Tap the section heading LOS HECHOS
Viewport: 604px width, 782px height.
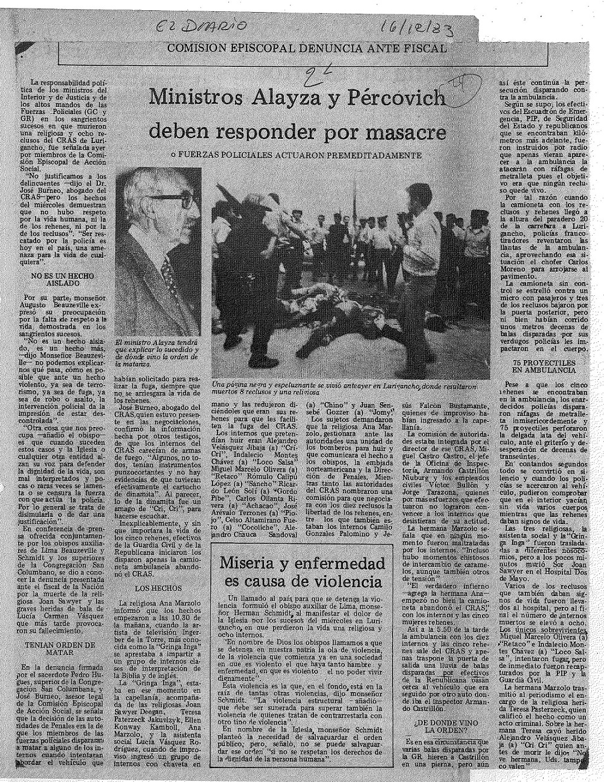point(152,587)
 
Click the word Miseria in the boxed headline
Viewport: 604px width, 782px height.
point(252,565)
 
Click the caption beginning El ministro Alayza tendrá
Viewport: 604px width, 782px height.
point(155,351)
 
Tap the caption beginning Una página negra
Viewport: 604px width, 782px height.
point(341,388)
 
